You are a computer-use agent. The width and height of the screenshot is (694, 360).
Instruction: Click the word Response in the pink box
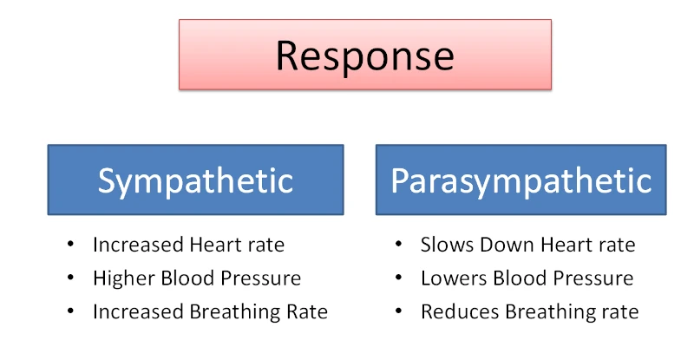pos(365,56)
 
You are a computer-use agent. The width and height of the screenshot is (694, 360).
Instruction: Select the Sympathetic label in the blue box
pos(195,181)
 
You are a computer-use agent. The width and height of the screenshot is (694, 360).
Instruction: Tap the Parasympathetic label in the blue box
pos(521,181)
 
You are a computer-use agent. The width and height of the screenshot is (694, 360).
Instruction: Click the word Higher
pos(124,279)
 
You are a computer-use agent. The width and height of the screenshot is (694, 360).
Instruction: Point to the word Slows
pos(447,245)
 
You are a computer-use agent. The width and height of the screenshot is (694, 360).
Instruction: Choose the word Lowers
pos(454,278)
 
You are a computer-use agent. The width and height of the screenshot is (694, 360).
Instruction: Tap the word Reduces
pos(461,311)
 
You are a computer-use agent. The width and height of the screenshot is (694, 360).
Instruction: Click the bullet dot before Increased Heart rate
pos(70,244)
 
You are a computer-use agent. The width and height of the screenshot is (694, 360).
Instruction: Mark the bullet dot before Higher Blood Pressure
pos(70,278)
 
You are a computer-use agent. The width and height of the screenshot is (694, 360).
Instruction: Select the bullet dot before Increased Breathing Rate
pos(70,311)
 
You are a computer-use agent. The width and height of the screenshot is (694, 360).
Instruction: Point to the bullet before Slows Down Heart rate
pos(398,244)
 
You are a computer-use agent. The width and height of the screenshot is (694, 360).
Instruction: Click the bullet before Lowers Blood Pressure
pos(398,278)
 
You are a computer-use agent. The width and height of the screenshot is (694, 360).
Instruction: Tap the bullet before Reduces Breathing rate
pos(398,311)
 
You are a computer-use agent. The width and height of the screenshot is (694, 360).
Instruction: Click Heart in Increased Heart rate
pos(212,245)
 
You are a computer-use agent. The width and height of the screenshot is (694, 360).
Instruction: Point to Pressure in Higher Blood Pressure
pos(261,278)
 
